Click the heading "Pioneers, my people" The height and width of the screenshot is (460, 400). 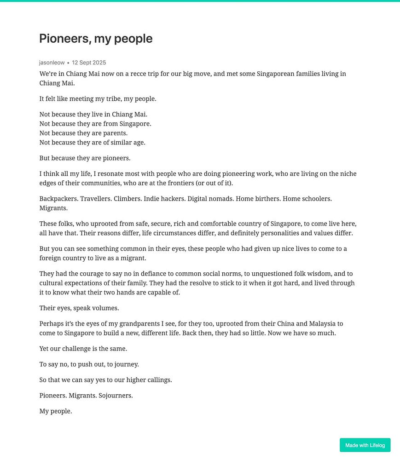point(96,39)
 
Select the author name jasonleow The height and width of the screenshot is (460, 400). point(52,63)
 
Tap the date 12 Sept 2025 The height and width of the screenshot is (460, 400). point(89,63)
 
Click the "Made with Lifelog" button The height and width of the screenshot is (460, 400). point(365,445)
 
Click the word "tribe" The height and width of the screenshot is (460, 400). point(110,98)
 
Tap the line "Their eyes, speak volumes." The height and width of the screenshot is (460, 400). point(79,308)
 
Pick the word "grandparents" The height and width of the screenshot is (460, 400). point(126,323)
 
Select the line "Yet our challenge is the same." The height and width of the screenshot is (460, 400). point(83,348)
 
